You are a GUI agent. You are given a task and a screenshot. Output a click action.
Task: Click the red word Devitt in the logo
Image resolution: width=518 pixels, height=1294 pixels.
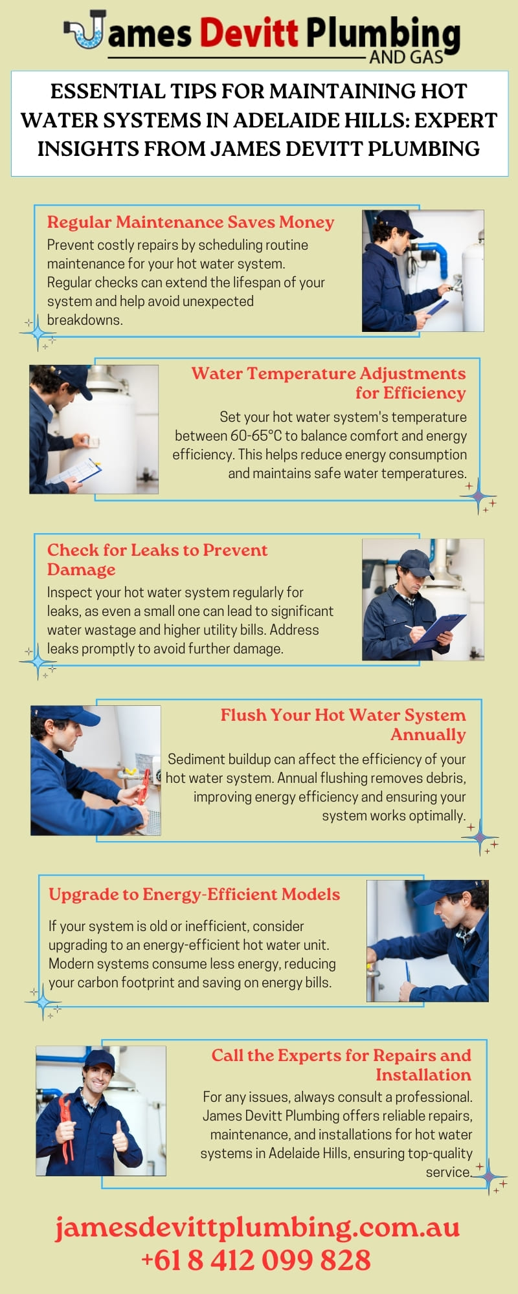(x=249, y=32)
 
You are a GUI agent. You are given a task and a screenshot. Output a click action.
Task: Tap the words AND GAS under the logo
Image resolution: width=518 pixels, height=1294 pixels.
(x=407, y=58)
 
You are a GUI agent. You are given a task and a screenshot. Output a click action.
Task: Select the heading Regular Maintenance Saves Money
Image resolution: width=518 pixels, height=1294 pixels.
(x=190, y=222)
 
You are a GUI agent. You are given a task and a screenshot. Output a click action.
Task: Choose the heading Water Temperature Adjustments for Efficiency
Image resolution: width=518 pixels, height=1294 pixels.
(x=329, y=383)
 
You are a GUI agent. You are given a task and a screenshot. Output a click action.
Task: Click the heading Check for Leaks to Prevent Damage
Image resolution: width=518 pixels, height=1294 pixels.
(x=157, y=560)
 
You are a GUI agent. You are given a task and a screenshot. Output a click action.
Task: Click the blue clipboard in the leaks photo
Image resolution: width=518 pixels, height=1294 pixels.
(x=438, y=631)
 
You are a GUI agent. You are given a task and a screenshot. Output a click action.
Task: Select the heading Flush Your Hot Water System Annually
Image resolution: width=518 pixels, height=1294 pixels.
(x=343, y=725)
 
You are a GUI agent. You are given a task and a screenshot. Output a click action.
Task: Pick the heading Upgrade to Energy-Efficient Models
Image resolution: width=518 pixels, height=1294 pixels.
(x=194, y=894)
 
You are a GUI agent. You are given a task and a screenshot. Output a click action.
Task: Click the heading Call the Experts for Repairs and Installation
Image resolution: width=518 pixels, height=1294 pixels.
(x=341, y=1065)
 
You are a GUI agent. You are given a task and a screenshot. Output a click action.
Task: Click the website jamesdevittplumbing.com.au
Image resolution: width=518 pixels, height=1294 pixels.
(x=258, y=1227)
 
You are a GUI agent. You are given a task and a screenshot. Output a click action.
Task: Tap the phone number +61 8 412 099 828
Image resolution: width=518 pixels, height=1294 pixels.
(x=256, y=1260)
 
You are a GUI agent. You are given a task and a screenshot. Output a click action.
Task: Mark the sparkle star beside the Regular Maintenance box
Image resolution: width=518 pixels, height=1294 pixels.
(x=38, y=334)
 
